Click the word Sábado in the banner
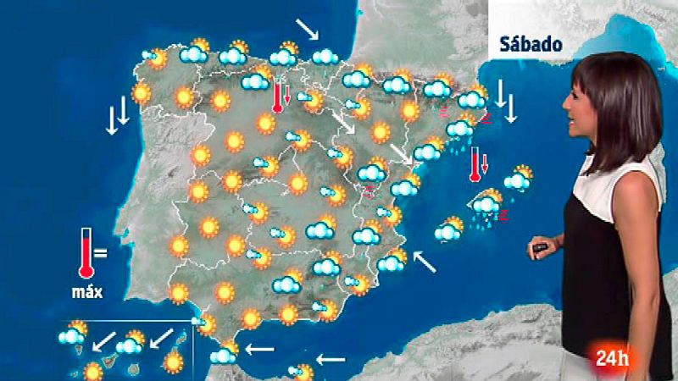tap(531, 44)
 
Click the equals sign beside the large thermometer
tap(101, 252)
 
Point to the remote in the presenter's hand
tap(539, 249)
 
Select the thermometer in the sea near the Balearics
tap(476, 164)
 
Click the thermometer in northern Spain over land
tap(277, 97)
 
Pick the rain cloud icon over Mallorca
tap(488, 206)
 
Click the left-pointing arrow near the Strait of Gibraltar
tap(260, 348)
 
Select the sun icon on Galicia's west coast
tap(142, 92)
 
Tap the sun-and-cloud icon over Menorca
tap(518, 179)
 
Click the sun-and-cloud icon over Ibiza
tap(448, 229)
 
